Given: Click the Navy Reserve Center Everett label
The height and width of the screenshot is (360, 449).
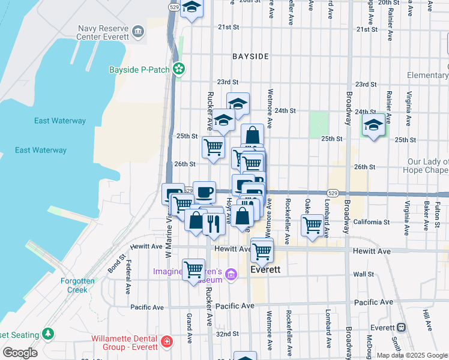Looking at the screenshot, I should tap(103, 32).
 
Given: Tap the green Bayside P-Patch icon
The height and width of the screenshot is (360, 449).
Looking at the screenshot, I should tap(178, 70).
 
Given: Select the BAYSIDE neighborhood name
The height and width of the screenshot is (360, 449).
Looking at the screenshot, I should tap(251, 56).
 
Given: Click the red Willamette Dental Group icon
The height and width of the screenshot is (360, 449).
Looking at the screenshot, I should tap(166, 343).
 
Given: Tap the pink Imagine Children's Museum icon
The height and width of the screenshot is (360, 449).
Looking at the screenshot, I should tap(232, 276).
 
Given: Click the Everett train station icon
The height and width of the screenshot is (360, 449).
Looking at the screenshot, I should tap(400, 328).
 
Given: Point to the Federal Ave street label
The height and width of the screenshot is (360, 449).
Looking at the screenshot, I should tap(128, 277).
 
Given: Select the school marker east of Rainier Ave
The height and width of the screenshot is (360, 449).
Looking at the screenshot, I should tap(373, 125).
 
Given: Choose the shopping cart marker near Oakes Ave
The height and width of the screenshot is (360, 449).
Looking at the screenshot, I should tap(312, 226).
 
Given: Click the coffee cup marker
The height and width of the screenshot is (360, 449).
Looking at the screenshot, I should tap(205, 192).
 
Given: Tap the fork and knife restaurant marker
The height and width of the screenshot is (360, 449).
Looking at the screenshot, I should tap(214, 223).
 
